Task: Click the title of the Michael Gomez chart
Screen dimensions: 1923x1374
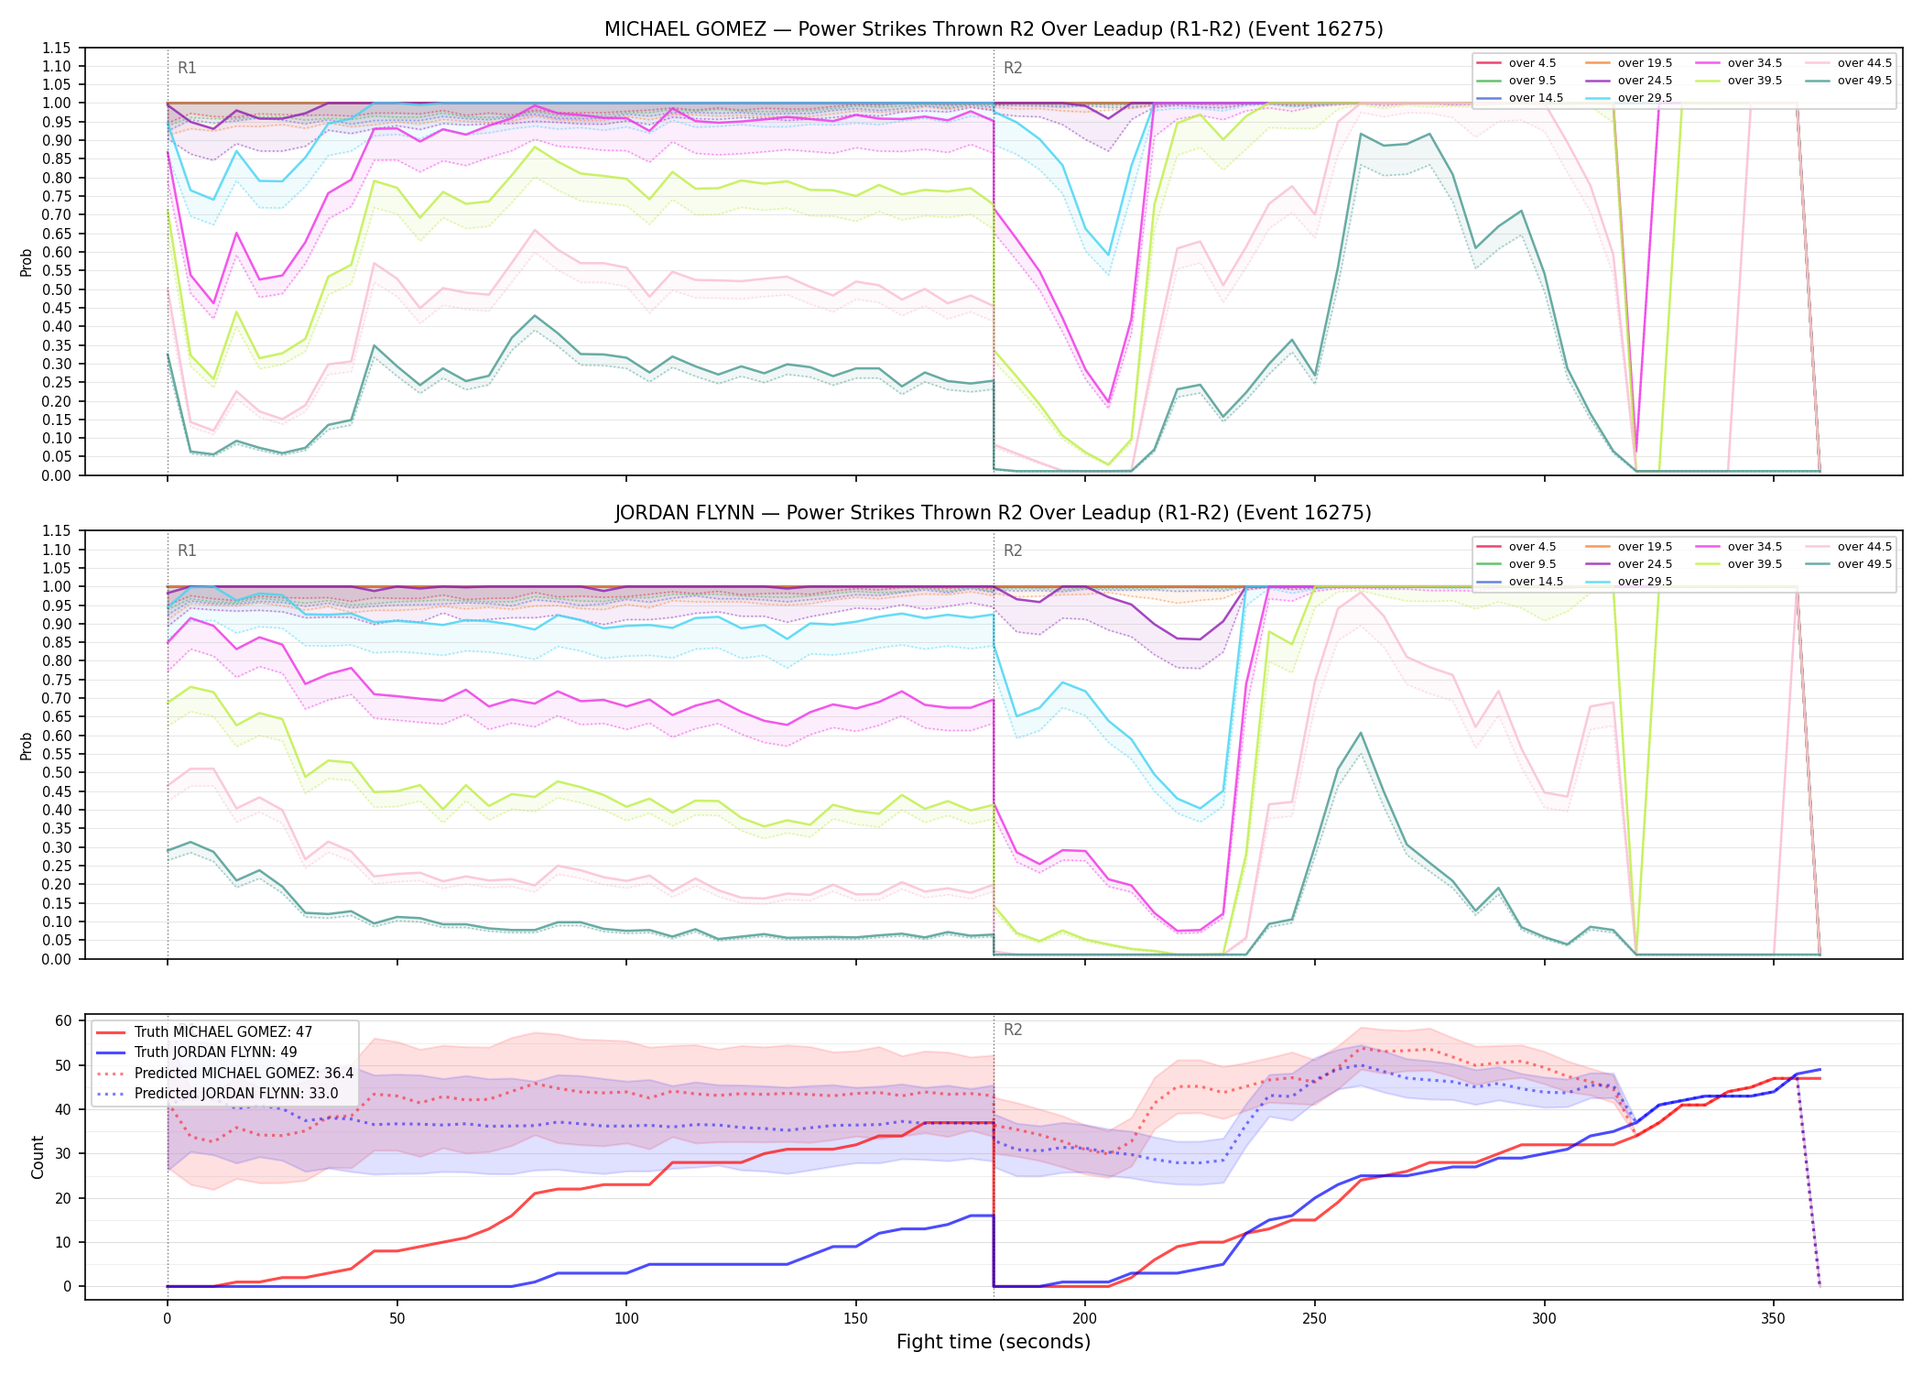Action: pos(994,29)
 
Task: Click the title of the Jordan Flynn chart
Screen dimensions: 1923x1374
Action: pos(994,513)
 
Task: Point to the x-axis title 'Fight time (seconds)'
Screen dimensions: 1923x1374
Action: pos(994,1342)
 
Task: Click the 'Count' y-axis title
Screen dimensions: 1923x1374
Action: pos(38,1157)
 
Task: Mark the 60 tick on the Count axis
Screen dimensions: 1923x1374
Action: pos(64,1020)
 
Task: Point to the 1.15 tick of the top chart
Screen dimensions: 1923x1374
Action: pos(56,48)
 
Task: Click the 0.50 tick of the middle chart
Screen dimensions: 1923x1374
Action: pos(56,772)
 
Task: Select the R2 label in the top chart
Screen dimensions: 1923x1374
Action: pos(1013,68)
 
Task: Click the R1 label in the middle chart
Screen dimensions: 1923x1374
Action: pos(187,551)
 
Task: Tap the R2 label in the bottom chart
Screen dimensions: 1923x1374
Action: pos(1013,1030)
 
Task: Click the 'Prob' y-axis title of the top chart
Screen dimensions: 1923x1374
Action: pos(27,262)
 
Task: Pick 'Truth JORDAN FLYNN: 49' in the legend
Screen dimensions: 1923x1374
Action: pos(216,1052)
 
